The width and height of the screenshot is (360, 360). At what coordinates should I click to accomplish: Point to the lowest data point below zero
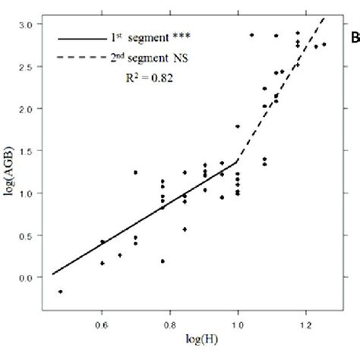click(60, 292)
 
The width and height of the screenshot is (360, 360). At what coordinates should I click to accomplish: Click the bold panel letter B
click(354, 37)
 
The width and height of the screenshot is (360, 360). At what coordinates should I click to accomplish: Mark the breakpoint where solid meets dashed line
click(238, 161)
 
